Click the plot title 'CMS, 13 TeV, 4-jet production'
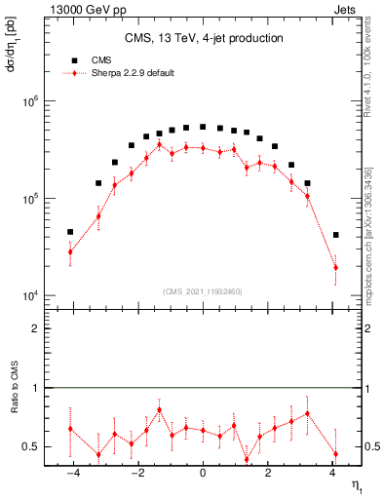coord(204,39)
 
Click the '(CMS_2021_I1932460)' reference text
coord(203,291)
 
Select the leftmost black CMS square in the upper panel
coord(70,232)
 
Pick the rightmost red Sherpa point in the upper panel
coord(335,267)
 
